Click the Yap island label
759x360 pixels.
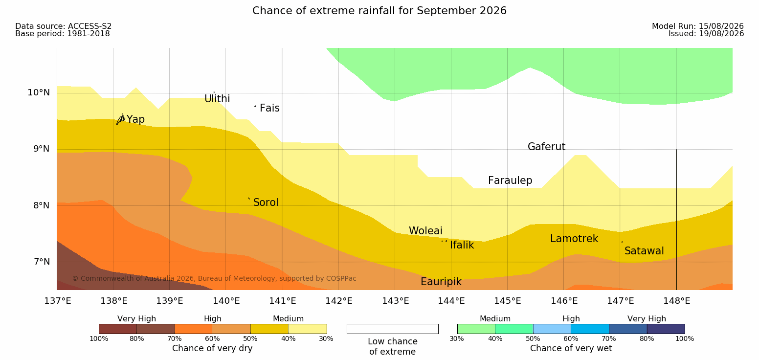click(x=135, y=120)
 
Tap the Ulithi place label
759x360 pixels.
click(x=217, y=99)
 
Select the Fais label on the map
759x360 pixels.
click(x=270, y=108)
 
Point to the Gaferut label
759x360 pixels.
click(x=547, y=147)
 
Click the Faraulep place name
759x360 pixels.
click(x=510, y=180)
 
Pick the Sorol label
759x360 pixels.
click(x=266, y=202)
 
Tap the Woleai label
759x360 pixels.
click(x=425, y=231)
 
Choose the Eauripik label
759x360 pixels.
click(x=441, y=282)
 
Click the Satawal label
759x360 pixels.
click(x=644, y=251)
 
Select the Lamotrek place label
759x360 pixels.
click(x=574, y=239)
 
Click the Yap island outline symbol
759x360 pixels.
click(x=121, y=119)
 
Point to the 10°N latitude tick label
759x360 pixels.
click(x=39, y=92)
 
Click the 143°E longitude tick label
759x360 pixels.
click(x=396, y=301)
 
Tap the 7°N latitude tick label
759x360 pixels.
click(x=42, y=262)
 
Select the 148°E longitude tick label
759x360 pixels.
click(x=677, y=301)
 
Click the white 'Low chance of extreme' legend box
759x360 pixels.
click(x=393, y=329)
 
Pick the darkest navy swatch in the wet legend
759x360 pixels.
click(x=666, y=329)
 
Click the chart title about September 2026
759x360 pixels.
click(x=379, y=11)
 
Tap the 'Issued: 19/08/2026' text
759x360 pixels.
click(x=706, y=34)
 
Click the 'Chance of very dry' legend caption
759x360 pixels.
click(x=212, y=348)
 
